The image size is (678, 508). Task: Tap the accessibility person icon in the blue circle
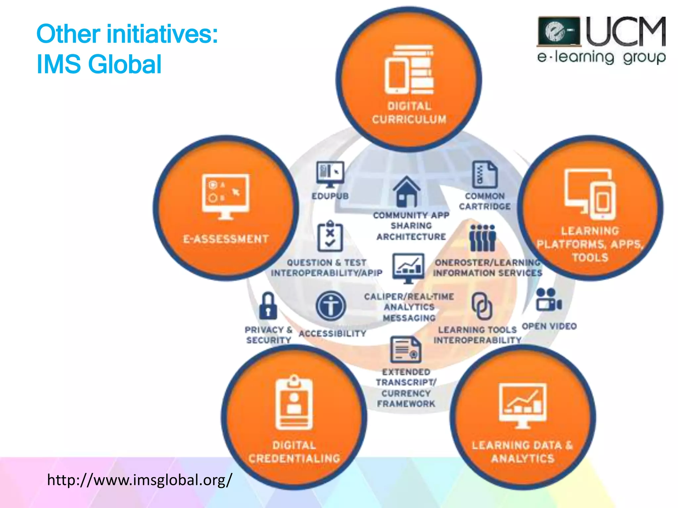pos(330,306)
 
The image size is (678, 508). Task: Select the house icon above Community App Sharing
pos(407,192)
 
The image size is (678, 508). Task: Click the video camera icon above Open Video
pos(549,300)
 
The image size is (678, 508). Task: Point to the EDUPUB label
pos(330,196)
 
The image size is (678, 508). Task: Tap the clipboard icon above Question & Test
pos(330,236)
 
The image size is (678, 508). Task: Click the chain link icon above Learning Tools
pos(482,306)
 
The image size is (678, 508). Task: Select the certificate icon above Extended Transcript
pos(406,350)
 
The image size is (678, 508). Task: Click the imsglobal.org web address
pos(139,480)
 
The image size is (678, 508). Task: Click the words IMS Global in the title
pos(99,64)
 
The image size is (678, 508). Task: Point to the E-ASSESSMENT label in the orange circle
pos(226,239)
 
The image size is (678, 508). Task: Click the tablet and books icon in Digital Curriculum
pos(409,70)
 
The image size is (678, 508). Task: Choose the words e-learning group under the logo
pos(601,57)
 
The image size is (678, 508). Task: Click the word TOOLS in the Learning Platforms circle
pos(590,257)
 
